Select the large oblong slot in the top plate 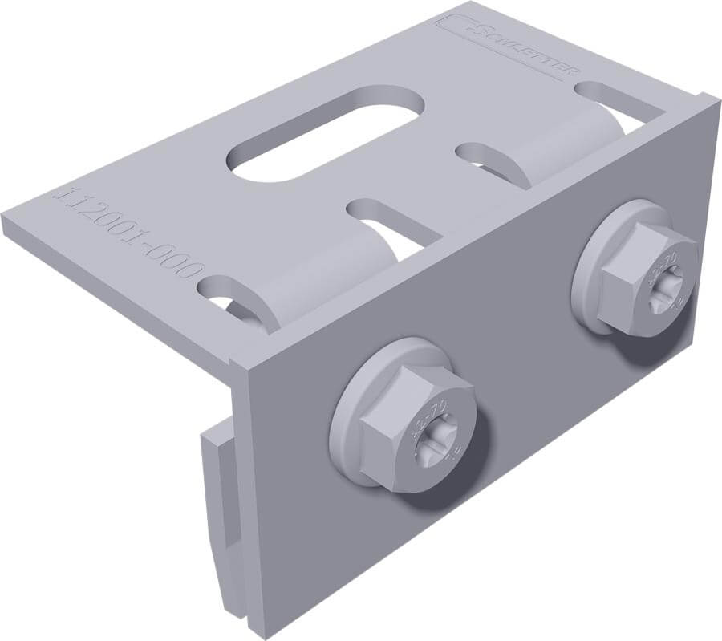click(325, 134)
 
